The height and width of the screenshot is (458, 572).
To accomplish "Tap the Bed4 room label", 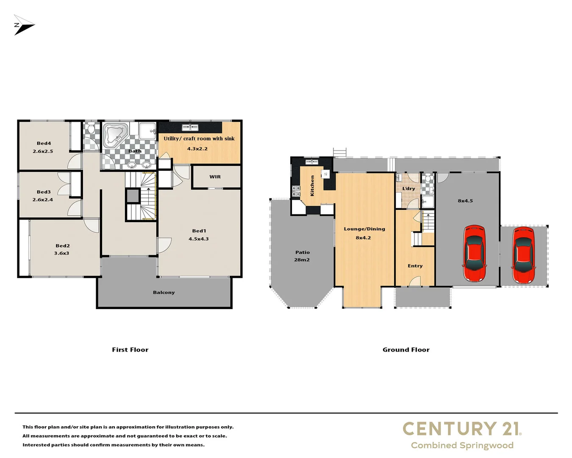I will click(x=44, y=143).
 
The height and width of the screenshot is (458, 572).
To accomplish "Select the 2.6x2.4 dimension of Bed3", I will click(x=43, y=200).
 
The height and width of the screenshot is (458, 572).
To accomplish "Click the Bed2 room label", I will click(x=62, y=246).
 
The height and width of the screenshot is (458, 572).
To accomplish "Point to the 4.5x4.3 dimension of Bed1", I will click(x=198, y=239).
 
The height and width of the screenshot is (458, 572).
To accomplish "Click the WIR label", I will click(x=215, y=177).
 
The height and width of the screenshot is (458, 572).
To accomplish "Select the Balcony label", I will click(x=164, y=293).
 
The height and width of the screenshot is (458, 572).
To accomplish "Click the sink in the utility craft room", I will click(x=190, y=127).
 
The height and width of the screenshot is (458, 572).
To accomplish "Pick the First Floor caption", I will click(x=130, y=350).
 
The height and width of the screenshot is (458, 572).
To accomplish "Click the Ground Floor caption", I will click(x=406, y=350).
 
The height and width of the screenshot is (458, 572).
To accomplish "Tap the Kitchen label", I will click(x=313, y=186).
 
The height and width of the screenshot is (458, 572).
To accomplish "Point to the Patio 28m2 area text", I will click(x=302, y=256).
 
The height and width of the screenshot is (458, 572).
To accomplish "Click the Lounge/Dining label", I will click(x=364, y=229).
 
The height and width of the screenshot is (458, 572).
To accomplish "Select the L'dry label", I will click(x=408, y=189).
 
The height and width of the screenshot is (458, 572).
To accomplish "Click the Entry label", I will click(x=415, y=266).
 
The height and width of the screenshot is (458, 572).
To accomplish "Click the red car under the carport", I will click(x=523, y=255).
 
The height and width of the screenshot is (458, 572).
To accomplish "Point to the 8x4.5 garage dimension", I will click(x=465, y=201).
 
